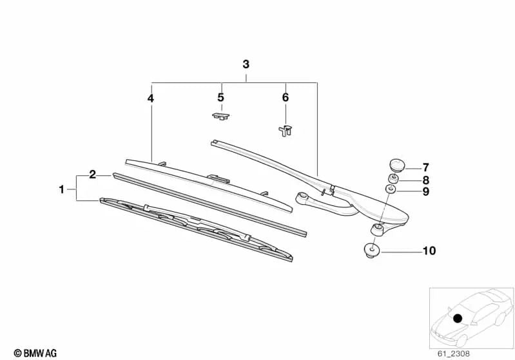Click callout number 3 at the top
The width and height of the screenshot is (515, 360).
point(246,64)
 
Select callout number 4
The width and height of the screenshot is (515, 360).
point(150,99)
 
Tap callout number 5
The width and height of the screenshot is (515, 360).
point(220,98)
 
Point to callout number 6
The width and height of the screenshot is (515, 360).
point(286,98)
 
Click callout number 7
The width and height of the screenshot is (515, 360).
point(425,167)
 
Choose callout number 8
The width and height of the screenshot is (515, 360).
point(425,180)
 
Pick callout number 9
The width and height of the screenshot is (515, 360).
point(425,191)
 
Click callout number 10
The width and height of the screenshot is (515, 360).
point(429,251)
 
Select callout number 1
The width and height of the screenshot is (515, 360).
point(62,189)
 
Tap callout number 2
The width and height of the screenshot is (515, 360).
point(93,175)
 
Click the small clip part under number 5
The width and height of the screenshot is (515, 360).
point(220,116)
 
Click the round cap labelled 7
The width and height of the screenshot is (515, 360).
point(394,165)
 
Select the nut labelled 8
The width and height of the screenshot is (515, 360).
point(391,178)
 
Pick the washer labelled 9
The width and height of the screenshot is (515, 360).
point(391,189)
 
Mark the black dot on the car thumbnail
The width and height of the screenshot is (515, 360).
point(458,317)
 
